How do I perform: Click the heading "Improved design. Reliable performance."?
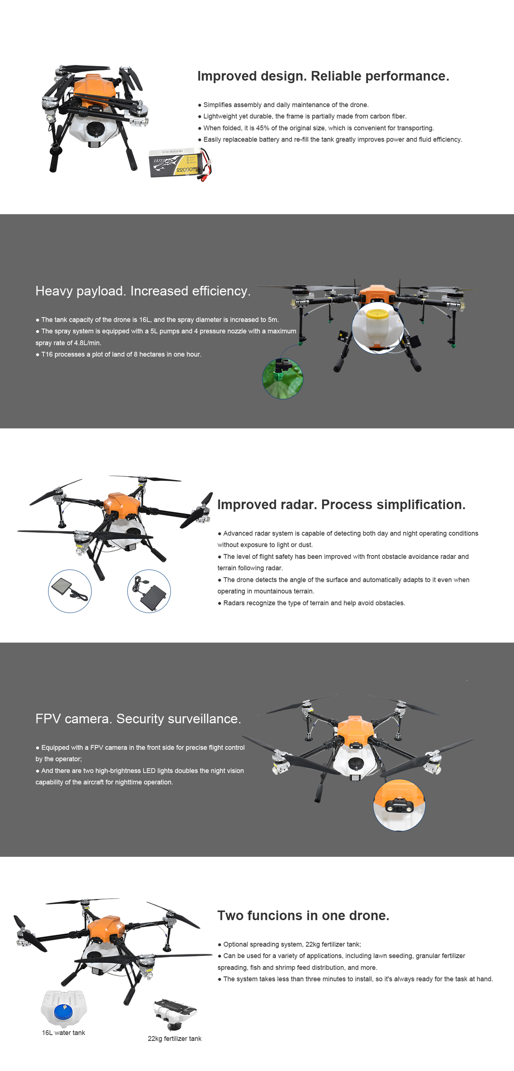click(323, 76)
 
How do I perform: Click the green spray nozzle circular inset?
click(282, 378)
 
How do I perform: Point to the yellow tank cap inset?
click(377, 328)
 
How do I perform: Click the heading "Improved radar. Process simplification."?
click(341, 504)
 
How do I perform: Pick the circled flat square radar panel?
click(70, 591)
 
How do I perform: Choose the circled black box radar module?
click(149, 591)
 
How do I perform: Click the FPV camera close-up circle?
click(399, 805)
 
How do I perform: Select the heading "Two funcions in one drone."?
click(303, 915)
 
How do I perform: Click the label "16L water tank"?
click(64, 1033)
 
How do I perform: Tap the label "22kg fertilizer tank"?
click(175, 1039)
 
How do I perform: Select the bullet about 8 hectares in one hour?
click(119, 354)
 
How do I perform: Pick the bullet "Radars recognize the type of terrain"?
click(311, 603)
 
